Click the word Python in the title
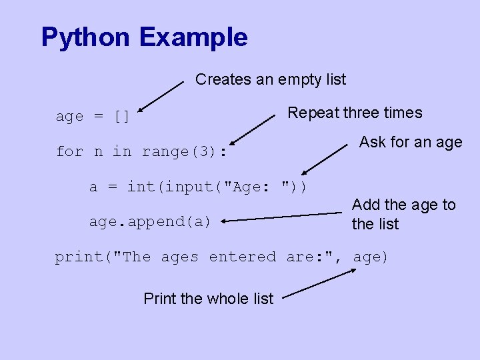point(86,37)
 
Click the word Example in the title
point(193,37)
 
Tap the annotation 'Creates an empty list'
point(271,80)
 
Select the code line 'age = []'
point(93,117)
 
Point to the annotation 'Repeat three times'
point(355,113)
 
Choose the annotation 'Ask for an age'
point(411,142)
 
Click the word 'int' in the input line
point(141,187)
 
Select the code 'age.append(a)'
point(150,221)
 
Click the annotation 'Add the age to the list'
point(403,214)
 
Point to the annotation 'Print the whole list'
point(208,299)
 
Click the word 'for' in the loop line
point(69,152)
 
